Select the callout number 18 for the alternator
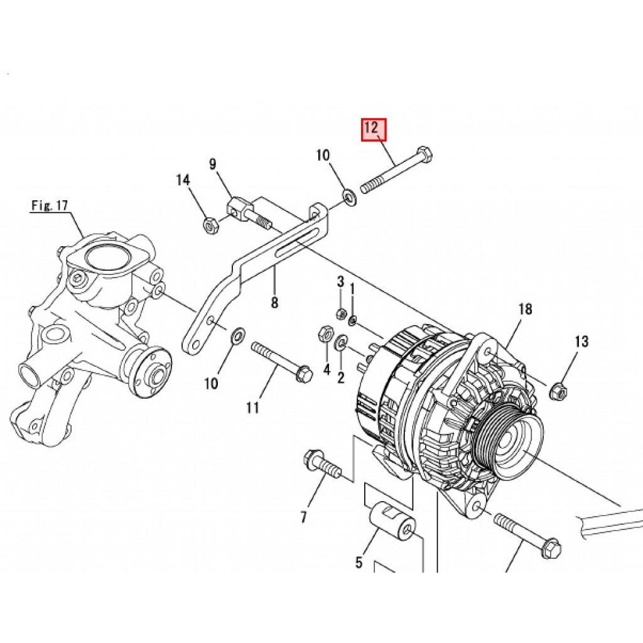point(525,309)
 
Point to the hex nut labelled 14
point(211,224)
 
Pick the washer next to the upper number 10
point(349,199)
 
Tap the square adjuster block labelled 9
point(237,207)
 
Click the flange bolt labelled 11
point(281,360)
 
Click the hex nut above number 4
point(325,333)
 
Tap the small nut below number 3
point(342,313)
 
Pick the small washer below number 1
point(353,320)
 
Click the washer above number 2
point(342,343)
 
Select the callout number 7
point(303,517)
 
